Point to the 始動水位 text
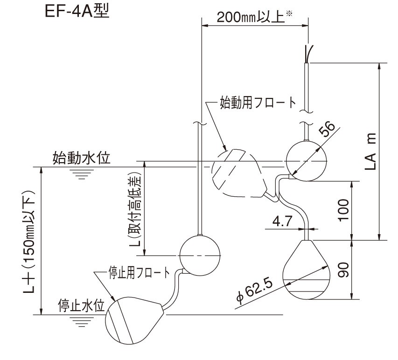(x=81, y=158)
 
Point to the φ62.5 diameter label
(x=255, y=290)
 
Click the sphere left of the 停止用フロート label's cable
(x=200, y=255)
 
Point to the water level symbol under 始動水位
(x=84, y=173)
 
